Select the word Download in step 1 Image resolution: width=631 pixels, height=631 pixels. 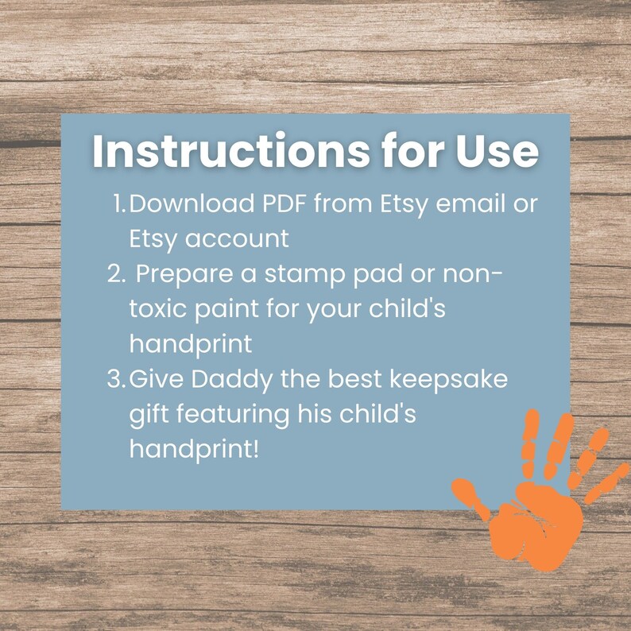click(x=190, y=204)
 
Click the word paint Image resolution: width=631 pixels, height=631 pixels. click(x=237, y=310)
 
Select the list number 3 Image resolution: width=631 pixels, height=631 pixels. click(x=115, y=379)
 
